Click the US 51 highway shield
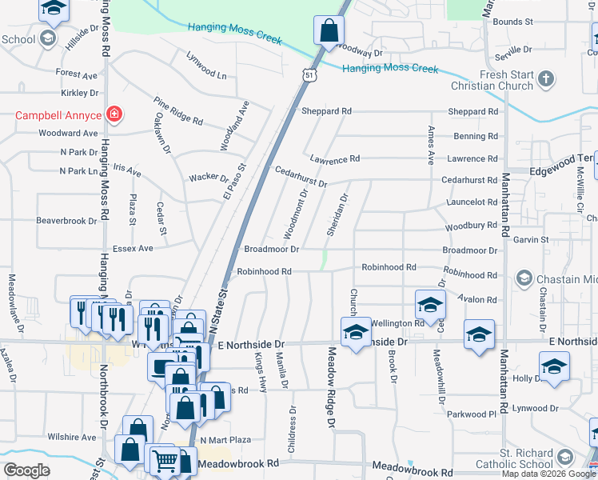point(309,74)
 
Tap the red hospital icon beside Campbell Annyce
point(114,114)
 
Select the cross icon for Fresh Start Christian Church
point(545,78)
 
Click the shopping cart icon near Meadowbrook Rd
point(165,459)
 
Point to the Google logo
point(26,470)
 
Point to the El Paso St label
point(237,182)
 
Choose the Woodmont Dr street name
point(294,214)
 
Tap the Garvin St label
point(531,239)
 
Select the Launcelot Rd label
point(472,203)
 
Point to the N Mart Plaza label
point(225,440)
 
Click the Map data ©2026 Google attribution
point(548,474)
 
